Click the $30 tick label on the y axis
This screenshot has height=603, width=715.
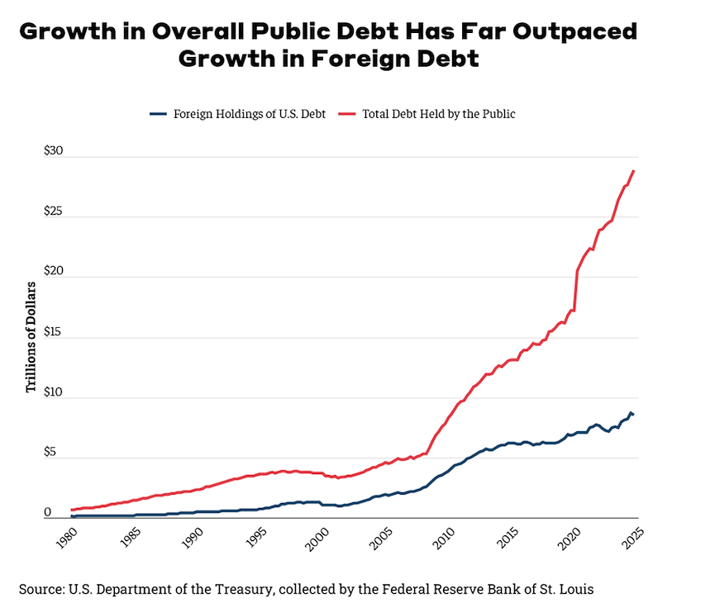[53, 153]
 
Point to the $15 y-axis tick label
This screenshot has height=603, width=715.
[53, 332]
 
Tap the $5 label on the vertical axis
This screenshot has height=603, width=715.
[53, 452]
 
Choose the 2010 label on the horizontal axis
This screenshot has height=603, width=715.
[444, 538]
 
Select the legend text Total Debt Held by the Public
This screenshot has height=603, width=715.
[439, 113]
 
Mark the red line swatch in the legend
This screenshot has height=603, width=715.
[348, 113]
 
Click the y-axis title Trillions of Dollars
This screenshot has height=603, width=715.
[31, 337]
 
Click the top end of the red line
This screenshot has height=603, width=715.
[634, 171]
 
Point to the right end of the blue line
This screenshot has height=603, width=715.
[634, 414]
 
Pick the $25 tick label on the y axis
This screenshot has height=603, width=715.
[53, 212]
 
